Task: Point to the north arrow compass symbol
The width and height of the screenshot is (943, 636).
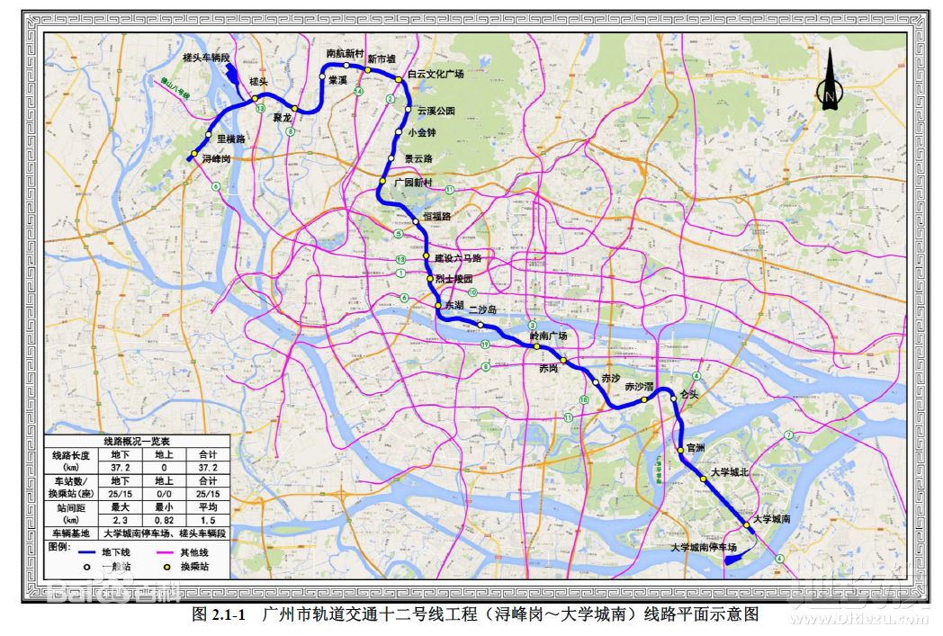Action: point(828,81)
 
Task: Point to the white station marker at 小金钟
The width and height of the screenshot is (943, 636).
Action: point(399,133)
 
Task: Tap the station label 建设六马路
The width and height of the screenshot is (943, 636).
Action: point(457,258)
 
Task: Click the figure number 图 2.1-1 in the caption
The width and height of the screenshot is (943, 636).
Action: point(219,615)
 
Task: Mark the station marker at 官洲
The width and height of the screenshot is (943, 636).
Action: point(680,451)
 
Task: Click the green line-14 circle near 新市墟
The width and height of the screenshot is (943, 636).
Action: point(359,92)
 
